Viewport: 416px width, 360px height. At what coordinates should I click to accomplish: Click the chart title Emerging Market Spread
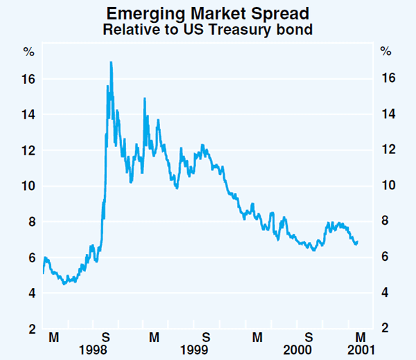coord(208,13)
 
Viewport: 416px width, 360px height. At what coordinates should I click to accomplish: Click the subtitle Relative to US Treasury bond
coord(208,30)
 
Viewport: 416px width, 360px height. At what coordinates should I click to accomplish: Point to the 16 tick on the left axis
coord(28,79)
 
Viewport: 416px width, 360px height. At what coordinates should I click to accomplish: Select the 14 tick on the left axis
coord(28,114)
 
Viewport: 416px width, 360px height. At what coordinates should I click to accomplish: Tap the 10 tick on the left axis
coord(28,186)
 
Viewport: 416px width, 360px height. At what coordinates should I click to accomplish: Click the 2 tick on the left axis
coord(31,329)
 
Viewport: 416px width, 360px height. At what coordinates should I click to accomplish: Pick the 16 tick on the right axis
coord(388,79)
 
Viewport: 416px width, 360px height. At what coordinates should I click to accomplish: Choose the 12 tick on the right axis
coord(388,151)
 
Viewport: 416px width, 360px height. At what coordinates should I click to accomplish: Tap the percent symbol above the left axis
coord(28,51)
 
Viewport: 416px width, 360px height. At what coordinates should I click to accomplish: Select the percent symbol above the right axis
coord(386,51)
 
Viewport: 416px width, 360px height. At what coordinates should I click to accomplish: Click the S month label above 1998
coord(105,336)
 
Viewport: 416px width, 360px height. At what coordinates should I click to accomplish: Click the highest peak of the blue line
coord(111,62)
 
